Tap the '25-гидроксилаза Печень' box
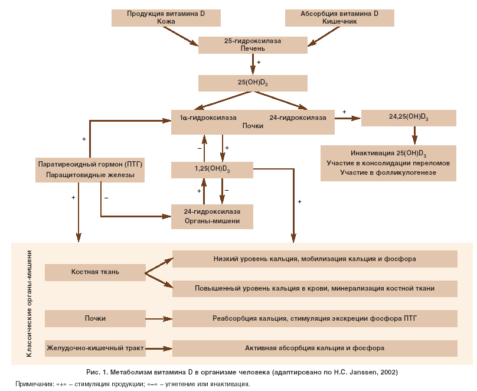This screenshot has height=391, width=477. pyautogui.click(x=253, y=45)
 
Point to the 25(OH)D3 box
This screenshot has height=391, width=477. pyautogui.click(x=253, y=83)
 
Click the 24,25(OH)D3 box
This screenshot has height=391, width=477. pyautogui.click(x=409, y=118)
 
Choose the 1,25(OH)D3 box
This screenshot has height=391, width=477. pyautogui.click(x=213, y=170)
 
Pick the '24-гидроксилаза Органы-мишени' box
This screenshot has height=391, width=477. pyautogui.click(x=213, y=216)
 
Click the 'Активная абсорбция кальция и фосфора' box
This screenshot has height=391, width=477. pyautogui.click(x=315, y=348)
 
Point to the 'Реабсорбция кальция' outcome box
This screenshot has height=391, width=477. pyautogui.click(x=315, y=318)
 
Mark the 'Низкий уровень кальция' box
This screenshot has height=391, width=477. pyautogui.click(x=315, y=259)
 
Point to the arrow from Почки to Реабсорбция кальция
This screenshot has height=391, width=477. pyautogui.click(x=158, y=319)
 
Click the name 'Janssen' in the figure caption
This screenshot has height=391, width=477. pyautogui.click(x=367, y=373)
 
